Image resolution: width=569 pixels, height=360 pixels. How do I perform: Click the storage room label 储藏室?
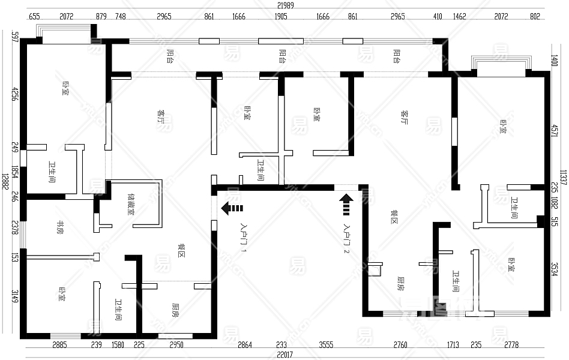131,204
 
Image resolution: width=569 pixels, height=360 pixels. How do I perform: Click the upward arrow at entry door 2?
346,203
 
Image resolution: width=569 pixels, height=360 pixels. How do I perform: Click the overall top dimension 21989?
285,5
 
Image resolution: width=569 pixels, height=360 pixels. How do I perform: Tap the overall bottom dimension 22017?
284,355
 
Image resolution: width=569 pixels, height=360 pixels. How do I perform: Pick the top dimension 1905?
281,17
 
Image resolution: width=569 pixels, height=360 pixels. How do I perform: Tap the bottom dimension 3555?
326,344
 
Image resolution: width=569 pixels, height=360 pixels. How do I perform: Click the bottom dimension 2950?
176,344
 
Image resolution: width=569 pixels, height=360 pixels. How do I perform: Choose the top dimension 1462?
460,17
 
